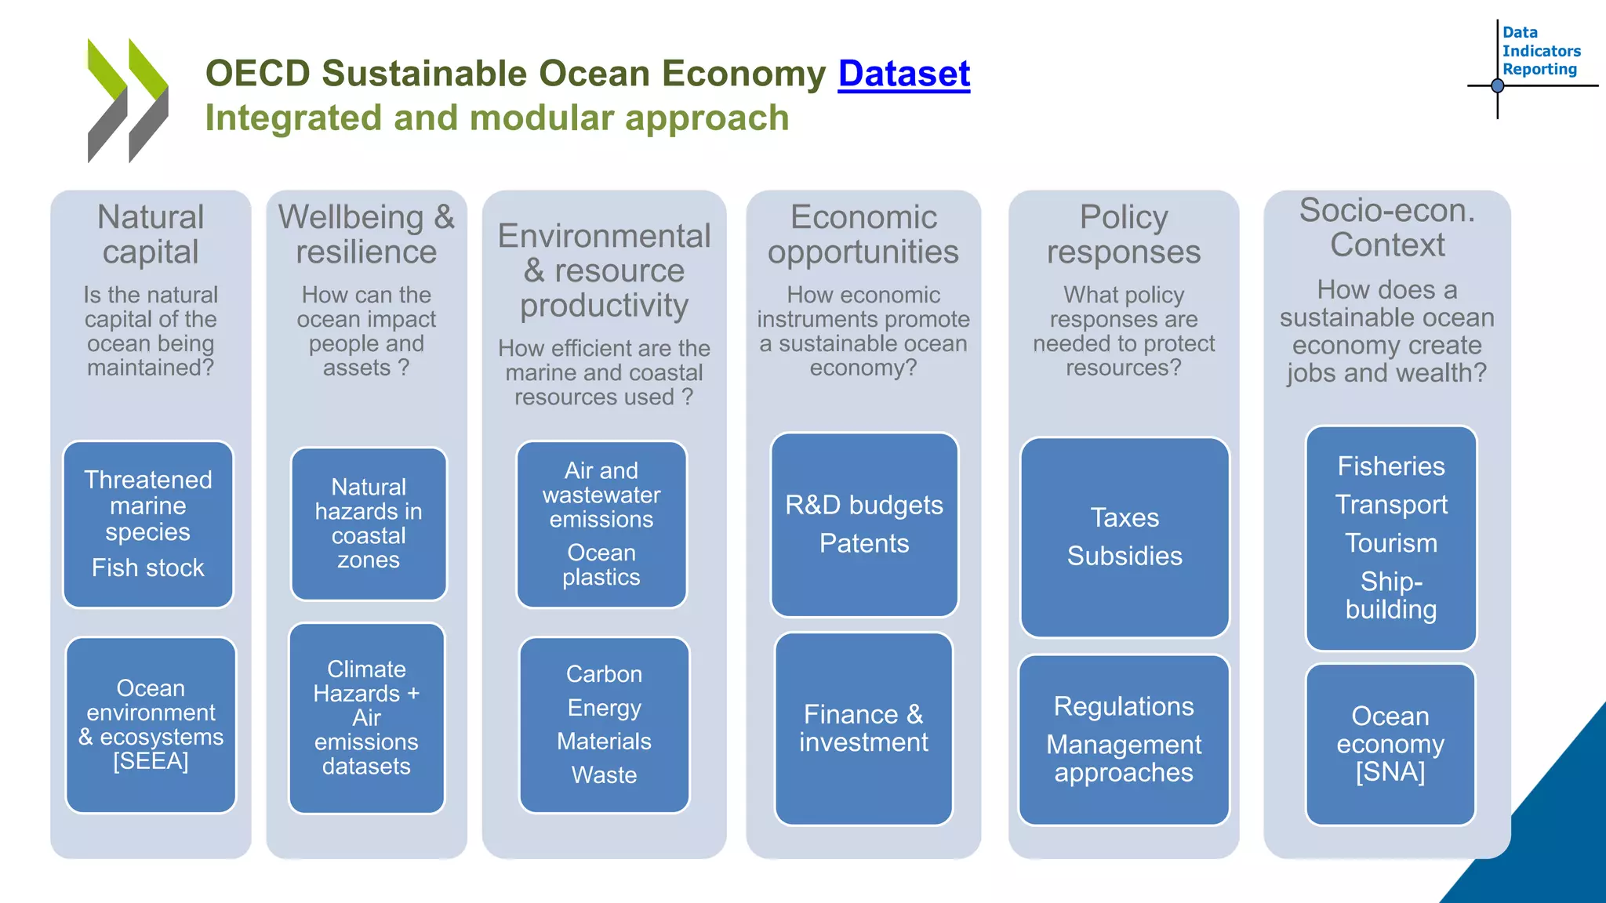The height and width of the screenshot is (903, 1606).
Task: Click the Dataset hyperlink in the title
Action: [903, 74]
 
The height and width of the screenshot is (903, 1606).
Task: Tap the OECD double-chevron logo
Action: [127, 100]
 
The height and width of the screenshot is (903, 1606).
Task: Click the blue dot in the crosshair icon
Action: [1497, 85]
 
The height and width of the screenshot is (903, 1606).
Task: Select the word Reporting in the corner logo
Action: [1539, 70]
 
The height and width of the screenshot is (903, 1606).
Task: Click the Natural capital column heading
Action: [151, 234]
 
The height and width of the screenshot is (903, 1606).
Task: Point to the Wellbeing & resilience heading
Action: [366, 234]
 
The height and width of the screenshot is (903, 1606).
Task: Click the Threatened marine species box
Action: [148, 506]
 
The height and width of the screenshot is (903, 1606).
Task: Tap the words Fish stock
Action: [148, 568]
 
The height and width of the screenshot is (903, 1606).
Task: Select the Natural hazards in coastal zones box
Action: [369, 523]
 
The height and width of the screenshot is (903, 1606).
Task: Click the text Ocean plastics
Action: [601, 564]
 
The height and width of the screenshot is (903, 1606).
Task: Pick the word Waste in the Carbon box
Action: [604, 774]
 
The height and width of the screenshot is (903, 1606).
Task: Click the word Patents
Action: [864, 543]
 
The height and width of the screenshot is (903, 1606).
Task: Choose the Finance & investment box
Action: [863, 728]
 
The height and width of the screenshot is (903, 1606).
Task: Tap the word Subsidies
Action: [1124, 556]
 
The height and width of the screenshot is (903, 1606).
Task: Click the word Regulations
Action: [1124, 706]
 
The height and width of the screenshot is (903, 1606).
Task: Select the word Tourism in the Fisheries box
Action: [1391, 543]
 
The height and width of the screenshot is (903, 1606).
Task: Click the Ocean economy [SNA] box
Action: [1390, 744]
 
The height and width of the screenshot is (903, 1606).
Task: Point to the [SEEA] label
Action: [151, 761]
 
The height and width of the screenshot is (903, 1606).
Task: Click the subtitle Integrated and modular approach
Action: [497, 118]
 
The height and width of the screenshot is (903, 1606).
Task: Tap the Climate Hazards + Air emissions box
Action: [366, 717]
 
